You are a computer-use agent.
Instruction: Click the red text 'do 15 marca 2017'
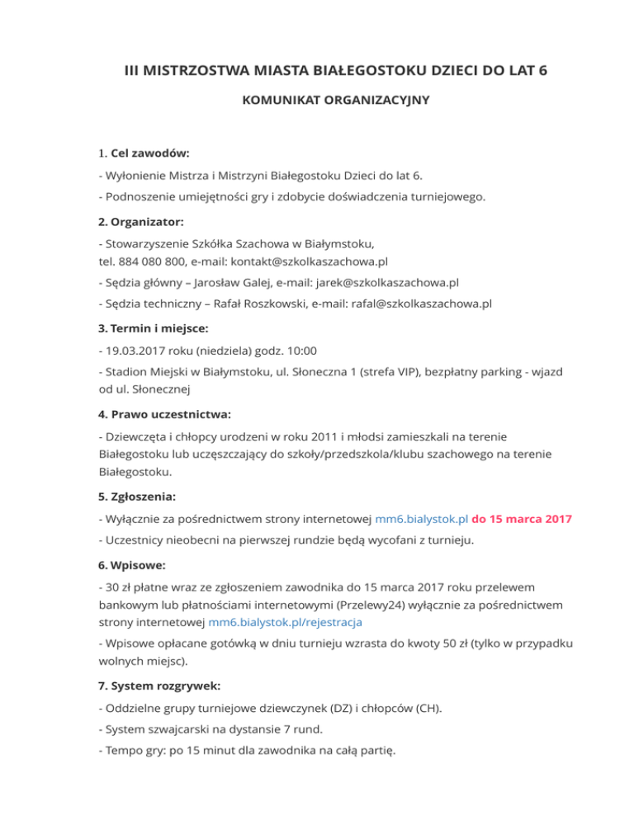tap(521, 519)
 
